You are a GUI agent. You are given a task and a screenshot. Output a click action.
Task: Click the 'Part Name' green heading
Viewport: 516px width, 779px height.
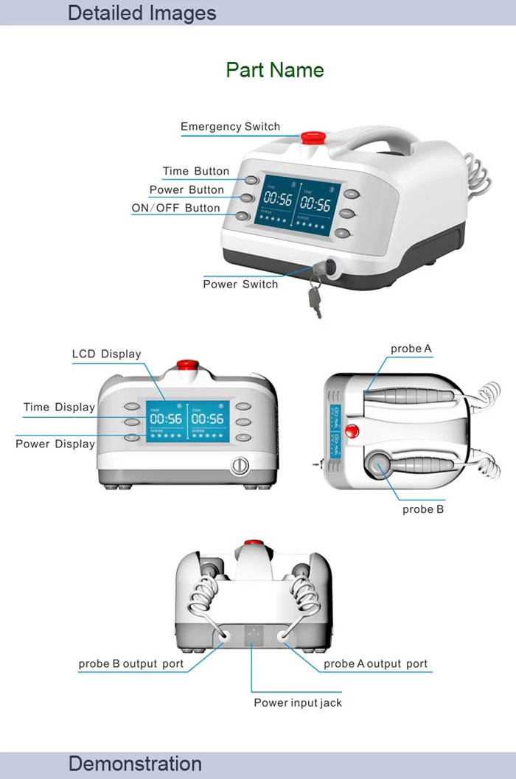pos(274,70)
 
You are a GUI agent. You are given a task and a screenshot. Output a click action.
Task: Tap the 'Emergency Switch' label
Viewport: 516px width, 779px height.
pos(230,127)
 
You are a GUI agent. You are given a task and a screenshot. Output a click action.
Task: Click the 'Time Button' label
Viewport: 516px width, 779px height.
pos(196,172)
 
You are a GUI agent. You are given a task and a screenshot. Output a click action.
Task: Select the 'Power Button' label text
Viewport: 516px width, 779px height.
pos(186,190)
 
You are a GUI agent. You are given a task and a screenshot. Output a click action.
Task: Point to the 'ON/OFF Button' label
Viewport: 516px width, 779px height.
pos(175,209)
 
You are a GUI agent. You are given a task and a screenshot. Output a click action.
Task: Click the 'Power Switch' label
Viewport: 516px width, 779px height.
pos(240,284)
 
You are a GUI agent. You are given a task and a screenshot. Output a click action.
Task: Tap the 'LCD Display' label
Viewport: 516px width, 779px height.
pos(106,354)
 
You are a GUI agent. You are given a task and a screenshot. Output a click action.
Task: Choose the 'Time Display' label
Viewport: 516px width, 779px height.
pos(59,408)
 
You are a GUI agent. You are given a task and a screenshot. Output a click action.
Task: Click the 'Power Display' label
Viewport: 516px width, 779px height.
pos(55,444)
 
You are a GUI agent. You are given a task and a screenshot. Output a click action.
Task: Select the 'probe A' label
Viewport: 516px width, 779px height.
pos(411,349)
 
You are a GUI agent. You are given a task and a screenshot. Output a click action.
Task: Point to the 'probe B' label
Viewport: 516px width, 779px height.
pos(423,509)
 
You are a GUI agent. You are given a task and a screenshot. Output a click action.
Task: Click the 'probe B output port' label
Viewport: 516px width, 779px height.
pos(131,664)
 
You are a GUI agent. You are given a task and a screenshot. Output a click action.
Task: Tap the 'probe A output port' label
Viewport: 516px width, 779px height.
pos(375,664)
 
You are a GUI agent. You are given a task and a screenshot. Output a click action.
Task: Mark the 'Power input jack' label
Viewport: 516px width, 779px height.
pos(298,703)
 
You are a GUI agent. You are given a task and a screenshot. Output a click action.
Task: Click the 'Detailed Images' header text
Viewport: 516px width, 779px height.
pos(142,13)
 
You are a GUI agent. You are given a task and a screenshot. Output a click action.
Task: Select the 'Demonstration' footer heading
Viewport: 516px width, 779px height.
pos(135,764)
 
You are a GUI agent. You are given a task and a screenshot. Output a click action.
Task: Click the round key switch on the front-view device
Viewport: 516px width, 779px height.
pos(238,466)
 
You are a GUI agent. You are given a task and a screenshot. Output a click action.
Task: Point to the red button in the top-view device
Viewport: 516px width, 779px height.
pos(353,431)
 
